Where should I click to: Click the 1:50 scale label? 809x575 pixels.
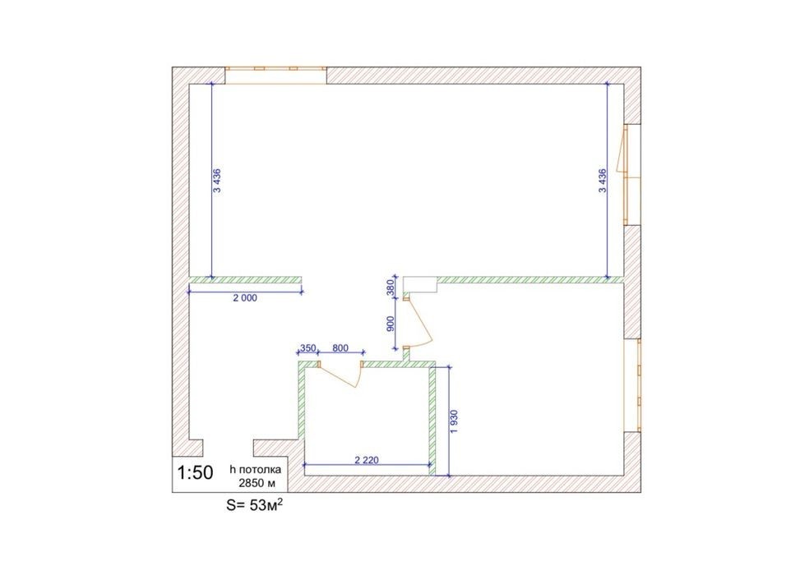click(x=195, y=472)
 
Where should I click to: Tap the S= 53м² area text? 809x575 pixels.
click(x=254, y=505)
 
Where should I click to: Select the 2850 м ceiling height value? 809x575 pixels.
click(x=257, y=484)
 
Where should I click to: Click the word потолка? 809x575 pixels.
click(x=260, y=470)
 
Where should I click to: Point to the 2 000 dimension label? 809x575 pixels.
click(x=244, y=298)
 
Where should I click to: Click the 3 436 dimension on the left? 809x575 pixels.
click(x=217, y=180)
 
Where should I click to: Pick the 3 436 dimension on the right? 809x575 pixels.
click(x=602, y=180)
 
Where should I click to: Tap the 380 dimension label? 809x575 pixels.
click(x=391, y=287)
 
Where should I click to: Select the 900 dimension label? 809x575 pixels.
click(x=391, y=324)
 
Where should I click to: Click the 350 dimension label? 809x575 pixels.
click(x=308, y=348)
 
